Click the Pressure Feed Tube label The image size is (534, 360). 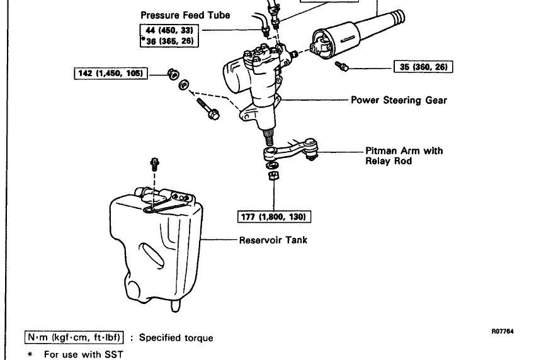point(176,15)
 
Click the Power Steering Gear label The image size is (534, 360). point(399,100)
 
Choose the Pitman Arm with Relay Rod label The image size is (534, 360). point(404,155)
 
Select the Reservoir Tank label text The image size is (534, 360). point(273,240)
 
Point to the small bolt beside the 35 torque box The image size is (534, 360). point(343,65)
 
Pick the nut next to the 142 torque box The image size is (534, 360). point(171,73)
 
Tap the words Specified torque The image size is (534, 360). point(176,338)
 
